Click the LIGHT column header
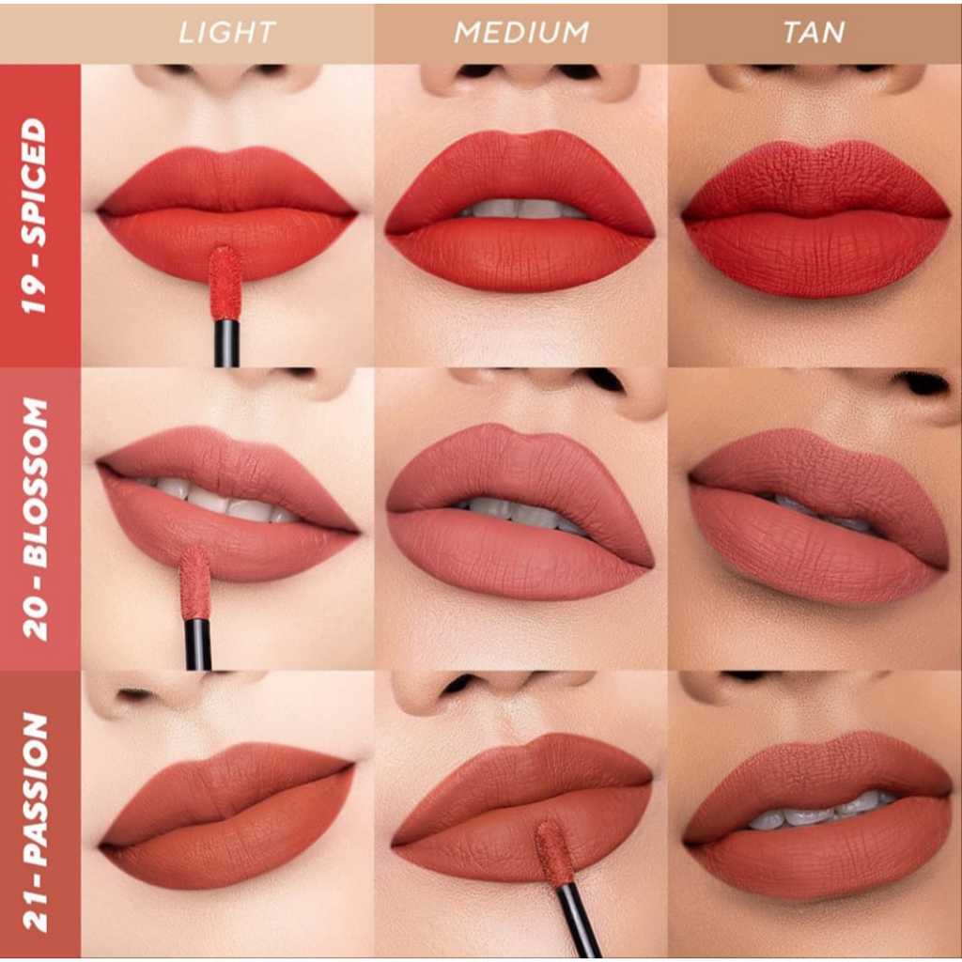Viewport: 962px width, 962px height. tap(226, 33)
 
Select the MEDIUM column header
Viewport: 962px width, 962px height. tap(520, 33)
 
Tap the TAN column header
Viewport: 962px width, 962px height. tap(814, 33)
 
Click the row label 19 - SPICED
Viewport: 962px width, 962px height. tap(35, 216)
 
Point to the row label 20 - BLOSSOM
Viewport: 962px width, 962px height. tap(35, 519)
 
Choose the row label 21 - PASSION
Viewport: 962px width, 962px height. tap(35, 822)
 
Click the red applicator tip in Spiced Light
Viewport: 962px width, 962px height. tap(225, 282)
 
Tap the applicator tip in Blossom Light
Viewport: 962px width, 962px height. tap(195, 583)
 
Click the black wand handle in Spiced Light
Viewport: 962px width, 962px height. tap(226, 343)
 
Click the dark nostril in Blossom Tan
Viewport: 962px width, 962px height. tap(924, 384)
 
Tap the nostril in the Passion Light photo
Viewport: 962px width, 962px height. tap(135, 695)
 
